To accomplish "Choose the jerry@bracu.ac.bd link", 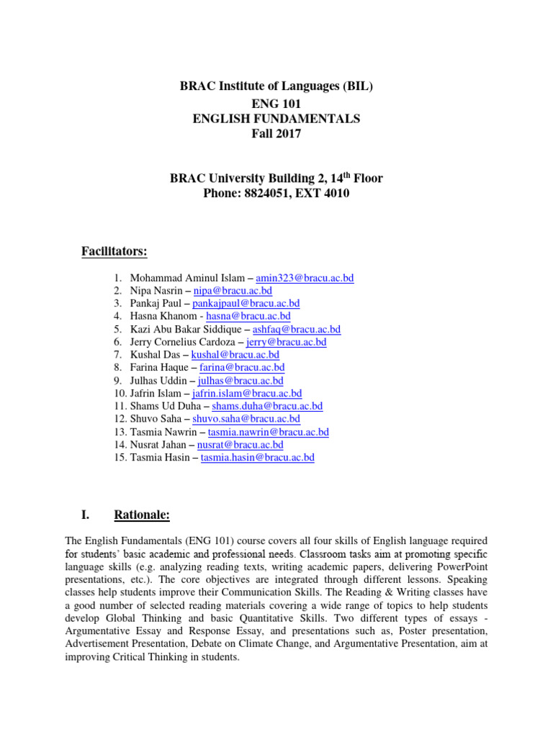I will click(x=286, y=343).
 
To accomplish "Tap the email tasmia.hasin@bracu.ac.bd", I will click(x=257, y=458).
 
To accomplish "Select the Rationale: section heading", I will click(x=142, y=515).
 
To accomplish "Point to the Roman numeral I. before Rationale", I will click(x=85, y=515).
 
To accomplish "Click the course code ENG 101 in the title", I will click(x=276, y=103).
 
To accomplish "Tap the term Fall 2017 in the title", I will click(x=276, y=135).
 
